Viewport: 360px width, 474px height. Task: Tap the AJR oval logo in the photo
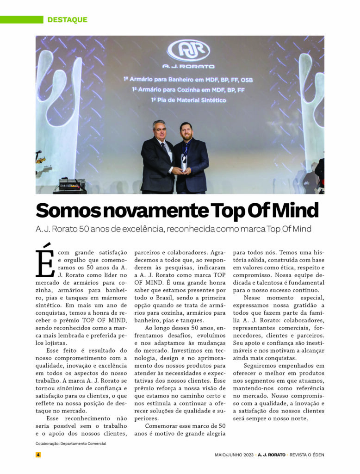coord(188,50)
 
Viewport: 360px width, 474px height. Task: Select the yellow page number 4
coord(38,455)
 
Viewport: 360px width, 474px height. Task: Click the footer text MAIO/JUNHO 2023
coord(234,455)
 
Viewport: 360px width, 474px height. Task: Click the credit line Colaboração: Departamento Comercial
coord(71,443)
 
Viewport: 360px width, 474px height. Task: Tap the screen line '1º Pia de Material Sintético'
coord(188,100)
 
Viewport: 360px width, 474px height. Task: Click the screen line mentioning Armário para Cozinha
coord(188,90)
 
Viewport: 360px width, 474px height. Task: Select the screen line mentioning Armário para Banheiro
coord(188,80)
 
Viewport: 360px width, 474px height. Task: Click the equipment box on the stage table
coord(70,183)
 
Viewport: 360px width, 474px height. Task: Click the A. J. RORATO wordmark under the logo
coord(188,66)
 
